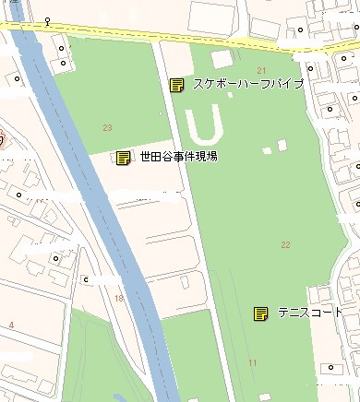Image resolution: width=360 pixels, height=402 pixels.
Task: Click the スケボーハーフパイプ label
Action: [x=247, y=85]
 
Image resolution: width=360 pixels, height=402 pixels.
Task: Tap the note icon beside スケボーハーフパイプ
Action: [x=176, y=85]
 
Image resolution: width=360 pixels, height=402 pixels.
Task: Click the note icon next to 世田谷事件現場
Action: [x=123, y=158]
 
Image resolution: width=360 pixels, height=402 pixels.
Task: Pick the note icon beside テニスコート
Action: [x=260, y=313]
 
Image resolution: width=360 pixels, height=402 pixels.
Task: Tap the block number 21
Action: [x=261, y=71]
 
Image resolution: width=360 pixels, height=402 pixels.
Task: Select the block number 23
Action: [x=108, y=128]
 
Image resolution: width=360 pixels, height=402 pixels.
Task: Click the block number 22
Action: [x=285, y=244]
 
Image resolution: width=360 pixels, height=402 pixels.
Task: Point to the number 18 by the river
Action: [x=118, y=298]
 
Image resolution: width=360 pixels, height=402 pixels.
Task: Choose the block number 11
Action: [x=252, y=363]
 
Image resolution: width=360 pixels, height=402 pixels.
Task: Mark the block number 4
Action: [x=11, y=325]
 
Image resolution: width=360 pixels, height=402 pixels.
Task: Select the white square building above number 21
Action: [x=221, y=59]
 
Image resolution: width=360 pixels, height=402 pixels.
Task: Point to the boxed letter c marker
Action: [x=86, y=279]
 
